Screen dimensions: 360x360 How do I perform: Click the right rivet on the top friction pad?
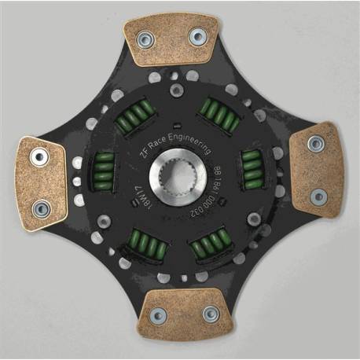click(196, 36)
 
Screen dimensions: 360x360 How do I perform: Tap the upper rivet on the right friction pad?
click(316, 144)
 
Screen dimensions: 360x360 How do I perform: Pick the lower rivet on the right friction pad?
click(318, 196)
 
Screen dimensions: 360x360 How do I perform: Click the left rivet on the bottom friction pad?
click(159, 315)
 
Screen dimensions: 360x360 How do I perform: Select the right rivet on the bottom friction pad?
click(210, 314)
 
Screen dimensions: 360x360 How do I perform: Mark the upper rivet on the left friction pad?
click(39, 157)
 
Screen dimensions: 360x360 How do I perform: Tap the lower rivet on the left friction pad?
click(42, 208)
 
